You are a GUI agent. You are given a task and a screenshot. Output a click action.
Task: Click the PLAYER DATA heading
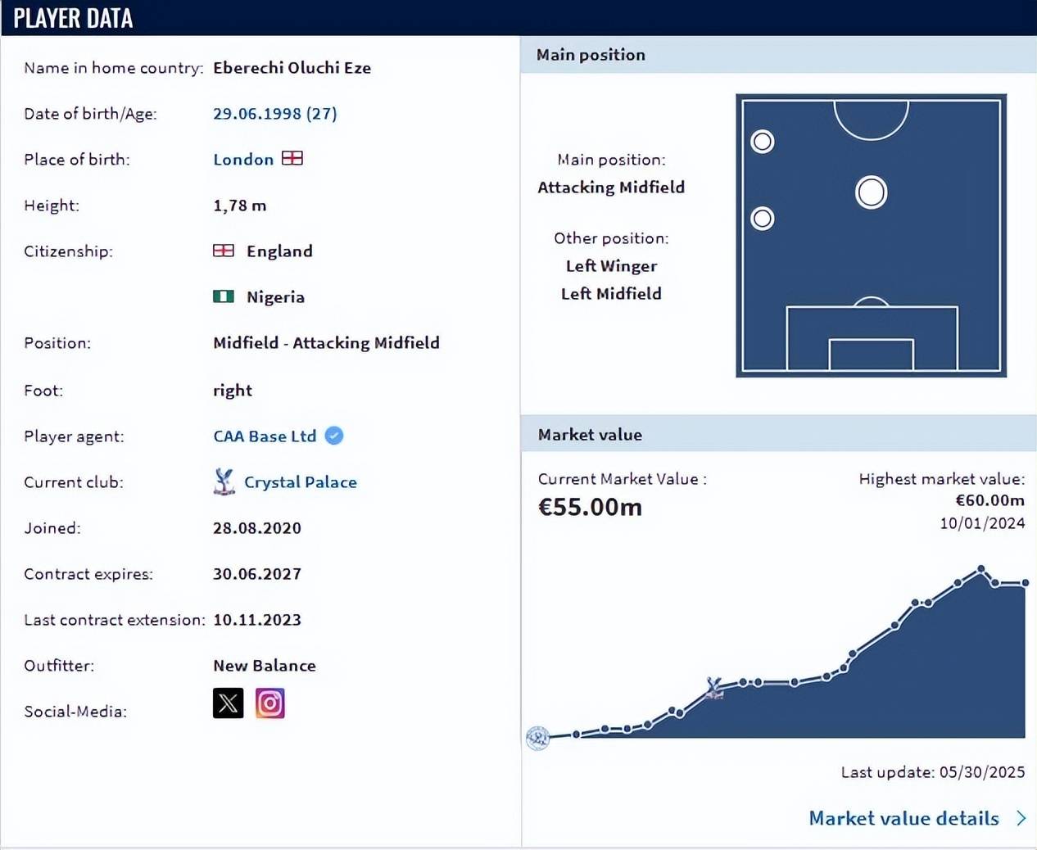[73, 18]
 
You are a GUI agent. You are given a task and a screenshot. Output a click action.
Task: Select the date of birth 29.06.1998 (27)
[274, 114]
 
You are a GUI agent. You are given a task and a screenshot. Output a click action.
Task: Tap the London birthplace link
[243, 160]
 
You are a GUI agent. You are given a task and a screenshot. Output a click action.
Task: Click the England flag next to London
[292, 158]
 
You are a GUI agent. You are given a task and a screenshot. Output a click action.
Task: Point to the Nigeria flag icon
[224, 296]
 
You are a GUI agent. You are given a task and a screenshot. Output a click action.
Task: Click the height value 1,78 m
[239, 206]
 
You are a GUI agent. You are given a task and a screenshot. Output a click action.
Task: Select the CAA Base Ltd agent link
[265, 436]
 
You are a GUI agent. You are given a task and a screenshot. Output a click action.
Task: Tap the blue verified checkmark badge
[334, 436]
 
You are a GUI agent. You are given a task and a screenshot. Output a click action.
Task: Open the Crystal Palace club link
[300, 482]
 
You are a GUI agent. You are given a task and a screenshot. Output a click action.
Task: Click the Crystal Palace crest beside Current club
[224, 482]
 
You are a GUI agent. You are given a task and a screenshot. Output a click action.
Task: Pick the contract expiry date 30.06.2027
[257, 574]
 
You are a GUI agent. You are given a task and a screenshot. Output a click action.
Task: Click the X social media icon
[228, 703]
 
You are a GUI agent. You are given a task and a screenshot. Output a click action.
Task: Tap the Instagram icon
[269, 703]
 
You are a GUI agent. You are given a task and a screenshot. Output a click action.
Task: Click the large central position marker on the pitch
[871, 193]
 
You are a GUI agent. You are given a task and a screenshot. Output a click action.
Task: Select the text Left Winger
[611, 266]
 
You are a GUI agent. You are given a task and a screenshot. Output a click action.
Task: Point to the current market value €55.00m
[590, 507]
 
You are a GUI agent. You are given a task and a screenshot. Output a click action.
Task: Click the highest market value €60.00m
[989, 500]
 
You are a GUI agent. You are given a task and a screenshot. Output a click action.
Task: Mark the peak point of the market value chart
[980, 569]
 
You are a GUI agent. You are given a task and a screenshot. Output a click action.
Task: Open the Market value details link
[903, 818]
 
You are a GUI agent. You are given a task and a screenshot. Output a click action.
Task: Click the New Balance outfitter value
[264, 666]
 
